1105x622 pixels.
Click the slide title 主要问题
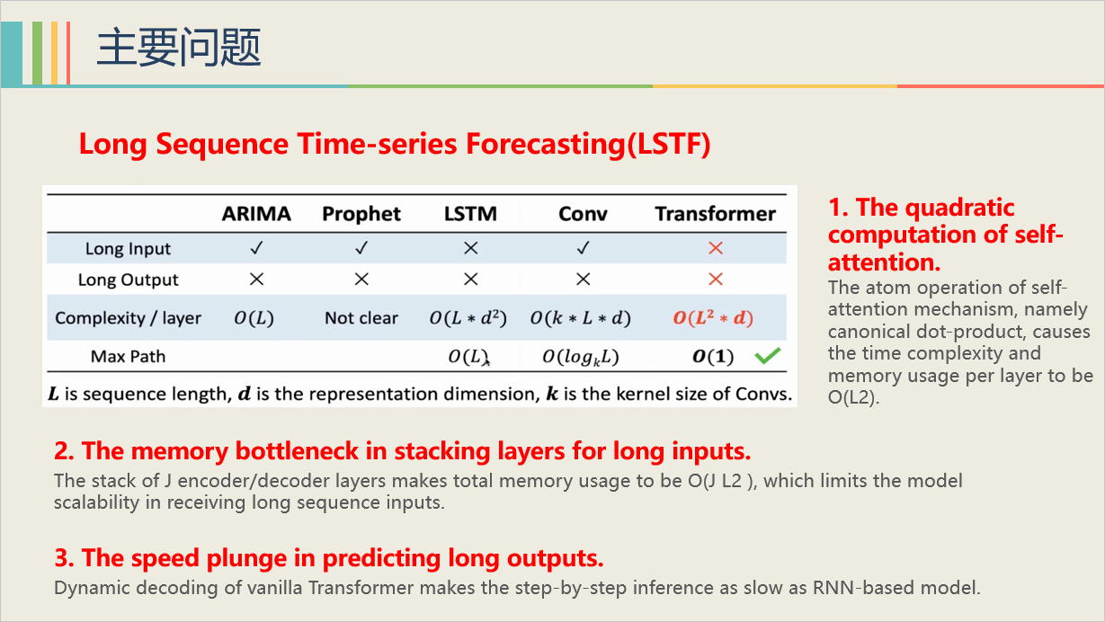178,47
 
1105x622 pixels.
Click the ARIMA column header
256,214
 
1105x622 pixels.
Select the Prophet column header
361,214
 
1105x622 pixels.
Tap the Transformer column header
715,214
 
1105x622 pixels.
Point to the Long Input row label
128,249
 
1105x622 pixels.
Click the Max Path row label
128,357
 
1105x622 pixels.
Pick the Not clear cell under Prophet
361,318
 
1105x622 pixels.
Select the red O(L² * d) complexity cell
715,318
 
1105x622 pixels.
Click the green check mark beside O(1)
767,357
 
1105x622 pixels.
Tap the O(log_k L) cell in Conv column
581,357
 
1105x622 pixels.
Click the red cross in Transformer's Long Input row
715,248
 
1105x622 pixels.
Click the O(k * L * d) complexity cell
581,318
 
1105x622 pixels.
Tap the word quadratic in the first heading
958,208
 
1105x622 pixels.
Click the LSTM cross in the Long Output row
470,280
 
